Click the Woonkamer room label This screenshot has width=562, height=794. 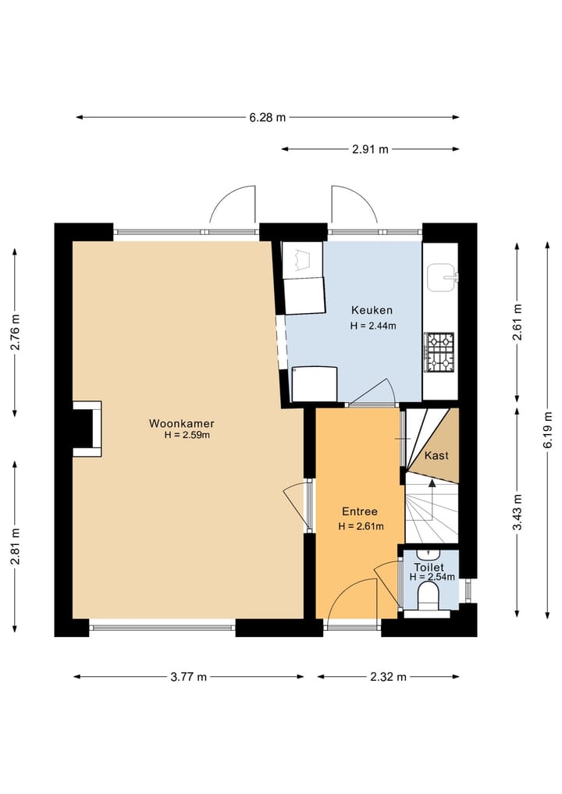click(181, 423)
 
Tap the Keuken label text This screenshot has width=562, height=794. click(372, 310)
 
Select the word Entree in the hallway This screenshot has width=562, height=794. click(360, 511)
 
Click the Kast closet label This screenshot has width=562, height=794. click(436, 455)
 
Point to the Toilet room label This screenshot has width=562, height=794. click(429, 568)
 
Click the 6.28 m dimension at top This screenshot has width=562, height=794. click(267, 117)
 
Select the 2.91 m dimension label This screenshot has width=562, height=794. click(370, 149)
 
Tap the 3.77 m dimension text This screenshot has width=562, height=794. click(188, 677)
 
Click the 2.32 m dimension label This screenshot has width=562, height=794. click(389, 677)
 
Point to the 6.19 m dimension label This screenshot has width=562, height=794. click(547, 429)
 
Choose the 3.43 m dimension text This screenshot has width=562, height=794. click(517, 512)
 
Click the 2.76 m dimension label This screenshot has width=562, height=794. click(15, 332)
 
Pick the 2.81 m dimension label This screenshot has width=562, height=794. click(15, 546)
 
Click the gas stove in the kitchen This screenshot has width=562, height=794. click(439, 351)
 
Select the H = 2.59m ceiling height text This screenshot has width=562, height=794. click(187, 435)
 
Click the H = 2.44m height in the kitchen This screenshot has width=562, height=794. click(373, 326)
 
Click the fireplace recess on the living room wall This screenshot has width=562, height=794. click(87, 429)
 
